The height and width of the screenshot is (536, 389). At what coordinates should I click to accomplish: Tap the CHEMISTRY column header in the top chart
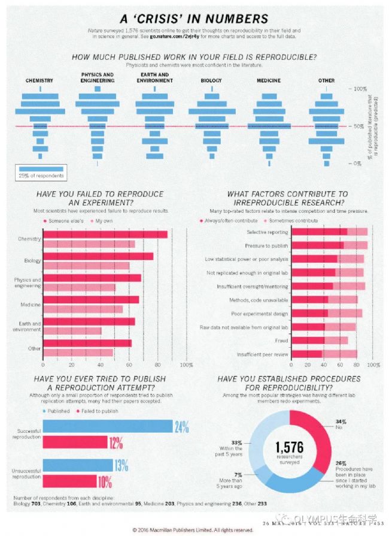pos(39,80)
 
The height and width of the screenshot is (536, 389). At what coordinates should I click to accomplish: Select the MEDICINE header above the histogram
pos(269,80)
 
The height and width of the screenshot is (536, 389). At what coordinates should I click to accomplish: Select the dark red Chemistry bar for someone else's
pos(105,234)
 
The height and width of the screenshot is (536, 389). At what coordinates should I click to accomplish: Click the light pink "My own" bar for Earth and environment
pos(72,330)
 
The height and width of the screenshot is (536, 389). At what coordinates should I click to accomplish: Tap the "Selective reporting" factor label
pos(268,232)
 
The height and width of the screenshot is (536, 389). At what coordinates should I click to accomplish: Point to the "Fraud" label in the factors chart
pos(281,340)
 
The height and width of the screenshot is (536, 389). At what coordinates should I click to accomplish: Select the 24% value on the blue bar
pos(181,427)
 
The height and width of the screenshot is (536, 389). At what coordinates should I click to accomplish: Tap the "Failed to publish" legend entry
pos(99,411)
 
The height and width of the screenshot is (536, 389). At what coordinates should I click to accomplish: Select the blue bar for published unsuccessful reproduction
pos(78,465)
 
